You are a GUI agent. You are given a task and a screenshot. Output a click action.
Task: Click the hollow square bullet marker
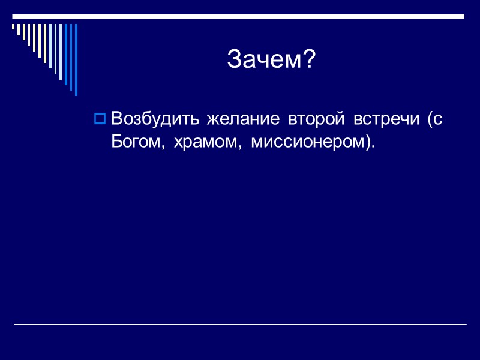(x=100, y=119)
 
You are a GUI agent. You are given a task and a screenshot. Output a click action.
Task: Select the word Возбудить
(x=156, y=119)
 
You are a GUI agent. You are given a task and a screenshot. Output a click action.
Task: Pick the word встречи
(x=385, y=120)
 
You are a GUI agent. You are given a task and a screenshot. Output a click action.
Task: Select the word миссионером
(x=307, y=142)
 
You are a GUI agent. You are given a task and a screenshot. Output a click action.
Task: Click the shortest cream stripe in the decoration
(x=14, y=27)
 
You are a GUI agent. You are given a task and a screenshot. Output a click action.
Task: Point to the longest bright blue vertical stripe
(x=76, y=59)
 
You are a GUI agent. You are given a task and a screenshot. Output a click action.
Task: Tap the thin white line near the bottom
(x=240, y=325)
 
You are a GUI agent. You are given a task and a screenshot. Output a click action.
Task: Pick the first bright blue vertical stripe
(x=66, y=54)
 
